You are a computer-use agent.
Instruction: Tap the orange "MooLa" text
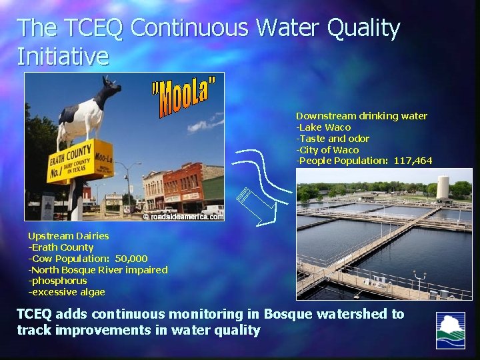(x=184, y=97)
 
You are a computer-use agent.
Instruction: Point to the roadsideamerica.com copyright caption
(x=183, y=215)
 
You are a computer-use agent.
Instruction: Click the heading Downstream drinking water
(x=361, y=116)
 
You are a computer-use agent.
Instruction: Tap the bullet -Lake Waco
(x=323, y=127)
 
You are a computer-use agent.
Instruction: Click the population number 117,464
(x=413, y=161)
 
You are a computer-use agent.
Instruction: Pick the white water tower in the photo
(x=443, y=187)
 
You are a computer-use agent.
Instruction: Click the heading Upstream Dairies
(x=68, y=236)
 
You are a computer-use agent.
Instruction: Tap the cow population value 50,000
(x=131, y=259)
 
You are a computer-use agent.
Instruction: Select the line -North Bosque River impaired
(x=97, y=270)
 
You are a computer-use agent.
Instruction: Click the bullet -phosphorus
(x=57, y=281)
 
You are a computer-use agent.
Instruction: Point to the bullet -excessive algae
(x=66, y=293)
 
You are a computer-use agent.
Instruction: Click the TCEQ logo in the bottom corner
(x=450, y=330)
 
